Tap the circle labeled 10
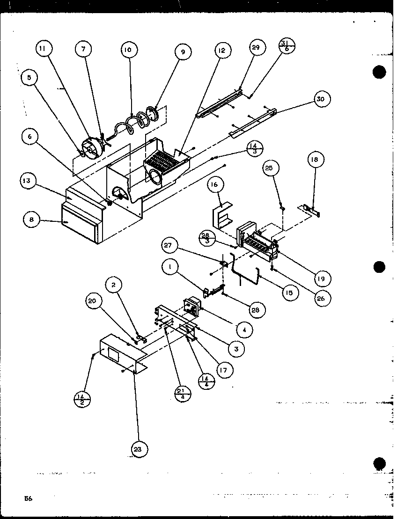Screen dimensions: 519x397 pyautogui.click(x=128, y=50)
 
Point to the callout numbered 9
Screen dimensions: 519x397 pyautogui.click(x=183, y=52)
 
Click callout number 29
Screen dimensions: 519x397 pyautogui.click(x=257, y=48)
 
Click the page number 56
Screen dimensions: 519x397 pyautogui.click(x=28, y=498)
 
